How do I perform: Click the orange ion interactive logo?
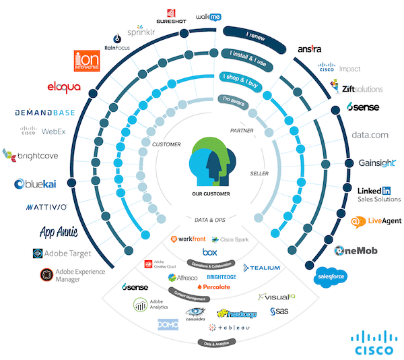(x=88, y=61)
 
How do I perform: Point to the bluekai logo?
(x=39, y=183)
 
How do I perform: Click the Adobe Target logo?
(x=61, y=254)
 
